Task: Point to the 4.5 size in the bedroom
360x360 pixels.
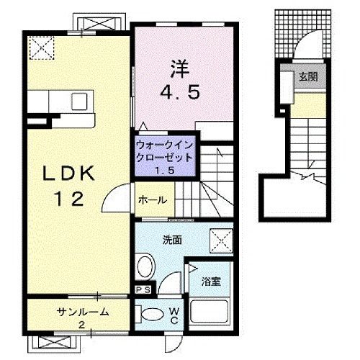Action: [179, 92]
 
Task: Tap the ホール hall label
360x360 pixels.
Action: [153, 200]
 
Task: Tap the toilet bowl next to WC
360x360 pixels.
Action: [151, 313]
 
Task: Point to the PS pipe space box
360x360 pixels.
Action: [142, 290]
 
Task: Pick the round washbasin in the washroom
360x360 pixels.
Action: [147, 266]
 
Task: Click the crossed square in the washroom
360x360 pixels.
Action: [220, 239]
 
